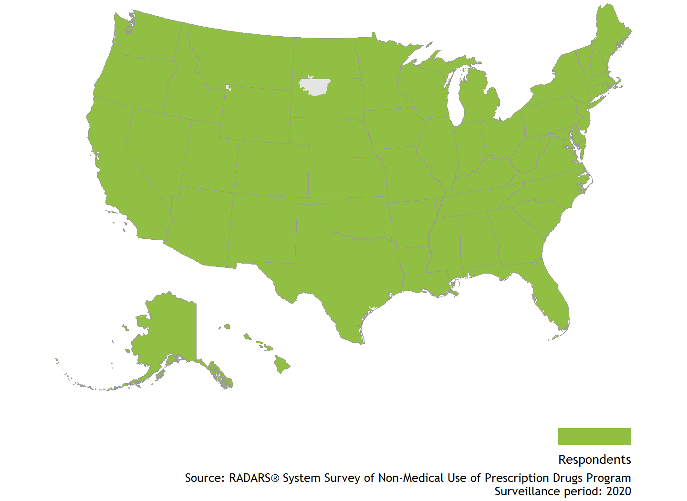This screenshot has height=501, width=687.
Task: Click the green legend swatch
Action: click(x=594, y=436)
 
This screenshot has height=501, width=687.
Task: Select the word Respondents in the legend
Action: click(x=594, y=460)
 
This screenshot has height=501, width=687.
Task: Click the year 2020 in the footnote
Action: click(x=618, y=491)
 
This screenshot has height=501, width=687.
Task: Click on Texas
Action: click(x=343, y=267)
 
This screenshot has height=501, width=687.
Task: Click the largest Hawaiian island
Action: click(x=281, y=365)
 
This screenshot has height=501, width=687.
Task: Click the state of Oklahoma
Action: click(x=363, y=217)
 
